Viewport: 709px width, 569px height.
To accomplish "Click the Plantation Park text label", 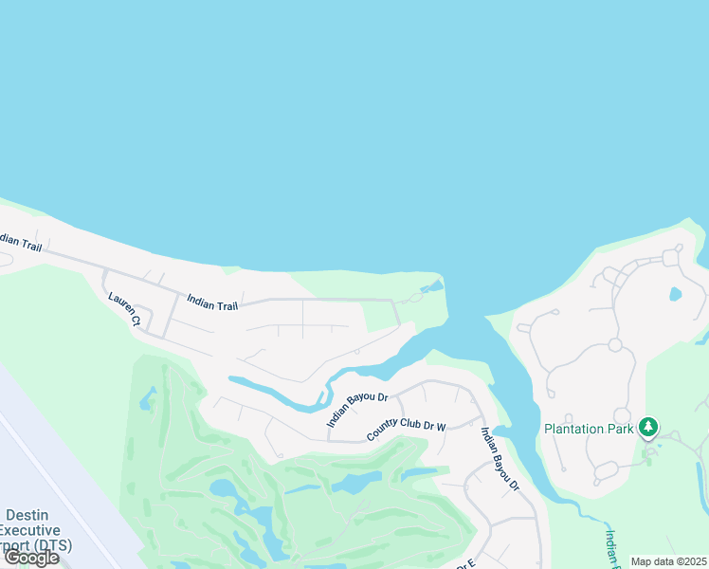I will (x=588, y=429).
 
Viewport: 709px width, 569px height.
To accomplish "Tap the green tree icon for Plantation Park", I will (x=648, y=428).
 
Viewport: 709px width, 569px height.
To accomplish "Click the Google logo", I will (x=31, y=558).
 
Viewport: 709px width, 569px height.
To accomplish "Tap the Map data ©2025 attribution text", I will (x=667, y=561).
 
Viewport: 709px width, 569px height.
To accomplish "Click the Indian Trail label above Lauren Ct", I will (x=212, y=302).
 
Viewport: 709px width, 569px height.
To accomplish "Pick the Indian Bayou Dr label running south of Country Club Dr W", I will (x=500, y=459).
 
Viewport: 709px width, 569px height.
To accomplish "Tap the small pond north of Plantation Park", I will (x=675, y=294).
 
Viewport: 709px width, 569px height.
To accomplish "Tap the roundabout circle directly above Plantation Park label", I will (x=622, y=415).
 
